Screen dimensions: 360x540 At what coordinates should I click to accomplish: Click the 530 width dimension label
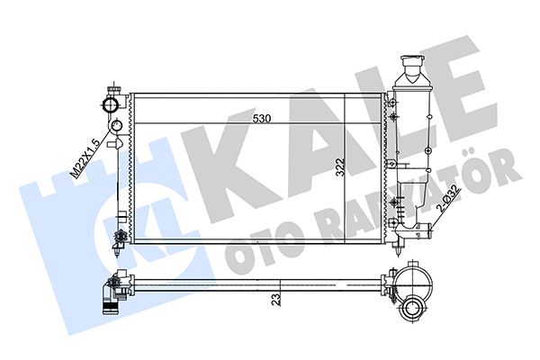tap(262, 119)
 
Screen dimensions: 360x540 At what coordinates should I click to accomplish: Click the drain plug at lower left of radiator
tap(117, 238)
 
